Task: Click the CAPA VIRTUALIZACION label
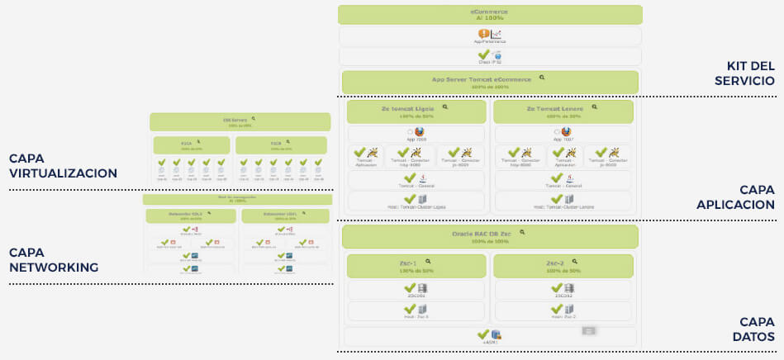point(63,166)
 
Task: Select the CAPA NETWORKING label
point(54,259)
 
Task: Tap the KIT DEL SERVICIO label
point(750,73)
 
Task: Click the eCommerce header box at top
point(490,15)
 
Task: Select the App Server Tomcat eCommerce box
point(490,82)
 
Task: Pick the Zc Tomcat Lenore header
point(563,111)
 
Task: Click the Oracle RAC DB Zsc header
point(490,237)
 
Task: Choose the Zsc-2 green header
point(563,265)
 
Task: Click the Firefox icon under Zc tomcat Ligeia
point(419,131)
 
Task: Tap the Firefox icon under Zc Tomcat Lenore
point(566,131)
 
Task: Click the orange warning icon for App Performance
point(484,34)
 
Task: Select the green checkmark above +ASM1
point(483,334)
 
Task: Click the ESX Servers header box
point(240,121)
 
